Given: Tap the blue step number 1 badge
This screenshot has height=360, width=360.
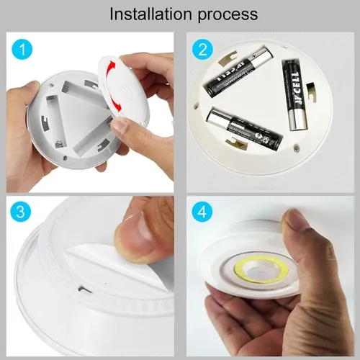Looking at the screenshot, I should pos(24,51).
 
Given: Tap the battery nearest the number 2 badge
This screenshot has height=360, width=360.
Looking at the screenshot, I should pos(237,73).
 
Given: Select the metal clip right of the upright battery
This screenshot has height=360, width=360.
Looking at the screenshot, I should pos(310,91).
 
